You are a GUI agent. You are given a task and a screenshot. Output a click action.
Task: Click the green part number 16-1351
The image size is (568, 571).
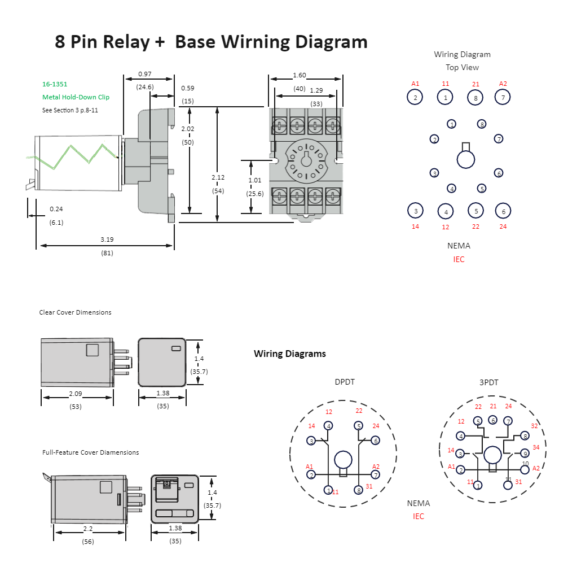[x=55, y=84]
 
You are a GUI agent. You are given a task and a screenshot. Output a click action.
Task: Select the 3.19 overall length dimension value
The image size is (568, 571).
[x=107, y=239]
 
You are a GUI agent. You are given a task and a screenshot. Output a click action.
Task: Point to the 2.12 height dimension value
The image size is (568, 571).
[x=218, y=177]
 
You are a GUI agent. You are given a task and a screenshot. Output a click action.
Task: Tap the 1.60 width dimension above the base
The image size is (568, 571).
[x=299, y=75]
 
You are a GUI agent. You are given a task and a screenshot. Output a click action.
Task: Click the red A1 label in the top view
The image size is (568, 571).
[x=415, y=84]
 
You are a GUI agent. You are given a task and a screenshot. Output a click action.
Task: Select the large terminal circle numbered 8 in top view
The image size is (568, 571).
[x=475, y=97]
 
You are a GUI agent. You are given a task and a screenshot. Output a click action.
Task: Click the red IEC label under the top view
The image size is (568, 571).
[x=459, y=259]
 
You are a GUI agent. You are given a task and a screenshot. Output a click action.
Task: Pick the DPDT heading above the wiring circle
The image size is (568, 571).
[x=345, y=382]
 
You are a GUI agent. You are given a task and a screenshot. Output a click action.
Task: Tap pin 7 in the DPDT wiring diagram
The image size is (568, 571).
[x=376, y=475]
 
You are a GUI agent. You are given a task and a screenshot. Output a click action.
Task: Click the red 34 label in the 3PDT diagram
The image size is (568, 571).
[x=536, y=447]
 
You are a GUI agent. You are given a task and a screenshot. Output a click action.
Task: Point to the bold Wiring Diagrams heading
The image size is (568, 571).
[x=289, y=354]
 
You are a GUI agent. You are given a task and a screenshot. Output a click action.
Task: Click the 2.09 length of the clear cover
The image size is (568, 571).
[x=76, y=393]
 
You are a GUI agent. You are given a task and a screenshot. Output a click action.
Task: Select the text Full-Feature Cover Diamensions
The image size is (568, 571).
[x=90, y=452]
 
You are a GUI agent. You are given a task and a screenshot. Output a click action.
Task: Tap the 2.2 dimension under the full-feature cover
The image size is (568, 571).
[x=88, y=528]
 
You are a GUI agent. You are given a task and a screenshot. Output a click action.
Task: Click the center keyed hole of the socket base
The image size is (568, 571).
[x=306, y=160]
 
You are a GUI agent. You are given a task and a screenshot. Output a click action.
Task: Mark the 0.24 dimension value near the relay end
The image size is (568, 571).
[x=56, y=209]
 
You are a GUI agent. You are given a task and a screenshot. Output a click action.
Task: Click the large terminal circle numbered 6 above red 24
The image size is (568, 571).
[x=503, y=211]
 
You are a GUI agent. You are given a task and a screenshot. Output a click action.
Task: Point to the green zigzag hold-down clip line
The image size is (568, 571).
[x=73, y=156]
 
